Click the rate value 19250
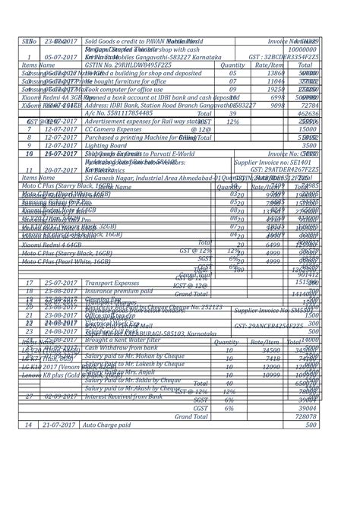(273, 69)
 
